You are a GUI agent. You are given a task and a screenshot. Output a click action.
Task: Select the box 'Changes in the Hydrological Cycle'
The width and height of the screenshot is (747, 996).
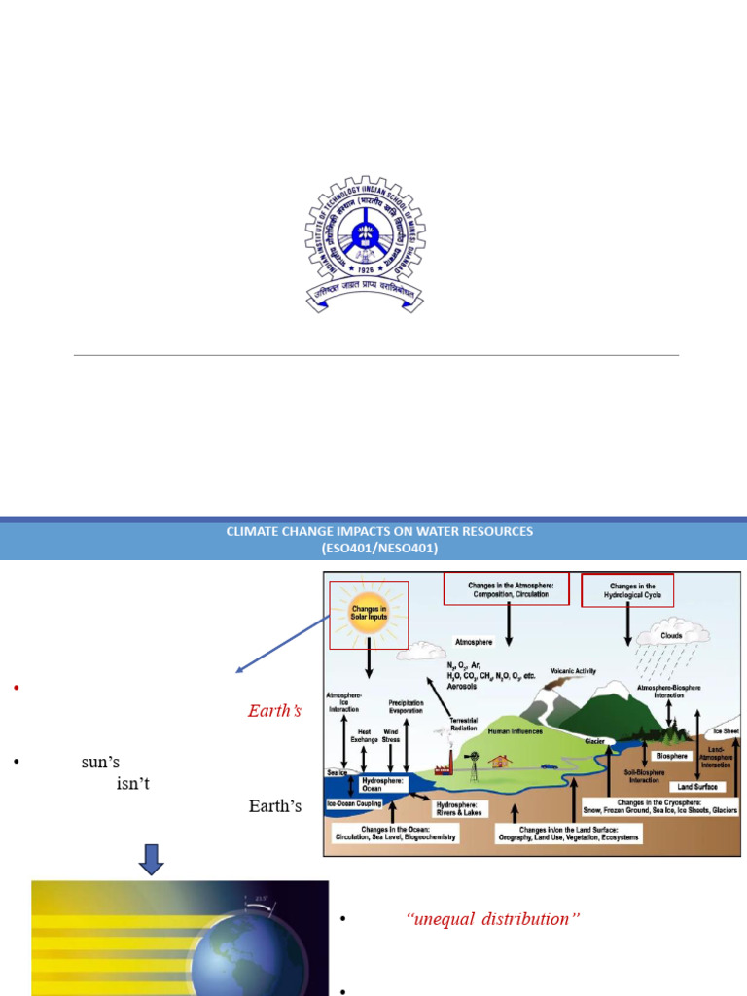coord(627,590)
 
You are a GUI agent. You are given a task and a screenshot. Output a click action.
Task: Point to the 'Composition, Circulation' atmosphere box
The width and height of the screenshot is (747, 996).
coord(506,588)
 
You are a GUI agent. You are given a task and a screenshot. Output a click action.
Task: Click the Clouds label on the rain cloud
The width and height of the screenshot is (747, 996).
coord(672,635)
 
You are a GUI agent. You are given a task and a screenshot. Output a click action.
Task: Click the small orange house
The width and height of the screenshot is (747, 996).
coord(502,761)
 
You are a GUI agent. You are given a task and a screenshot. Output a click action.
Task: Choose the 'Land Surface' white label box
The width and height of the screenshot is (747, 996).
coord(698,785)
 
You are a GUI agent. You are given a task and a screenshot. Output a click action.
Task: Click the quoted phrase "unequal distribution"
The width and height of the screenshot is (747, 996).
coord(493,919)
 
